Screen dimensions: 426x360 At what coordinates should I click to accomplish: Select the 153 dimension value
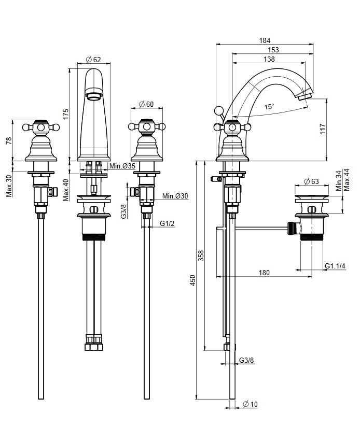(x=273, y=50)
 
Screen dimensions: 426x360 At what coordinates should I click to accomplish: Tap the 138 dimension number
(x=269, y=60)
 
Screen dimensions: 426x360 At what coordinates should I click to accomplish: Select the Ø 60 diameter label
(x=147, y=104)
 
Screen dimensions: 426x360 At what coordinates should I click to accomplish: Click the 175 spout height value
(x=65, y=115)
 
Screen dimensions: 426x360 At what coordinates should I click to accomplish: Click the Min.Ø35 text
(x=122, y=166)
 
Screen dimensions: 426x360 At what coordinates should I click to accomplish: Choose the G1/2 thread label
(x=167, y=223)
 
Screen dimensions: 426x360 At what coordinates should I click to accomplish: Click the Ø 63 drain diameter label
(x=311, y=181)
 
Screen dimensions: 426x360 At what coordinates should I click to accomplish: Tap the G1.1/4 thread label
(x=336, y=266)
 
